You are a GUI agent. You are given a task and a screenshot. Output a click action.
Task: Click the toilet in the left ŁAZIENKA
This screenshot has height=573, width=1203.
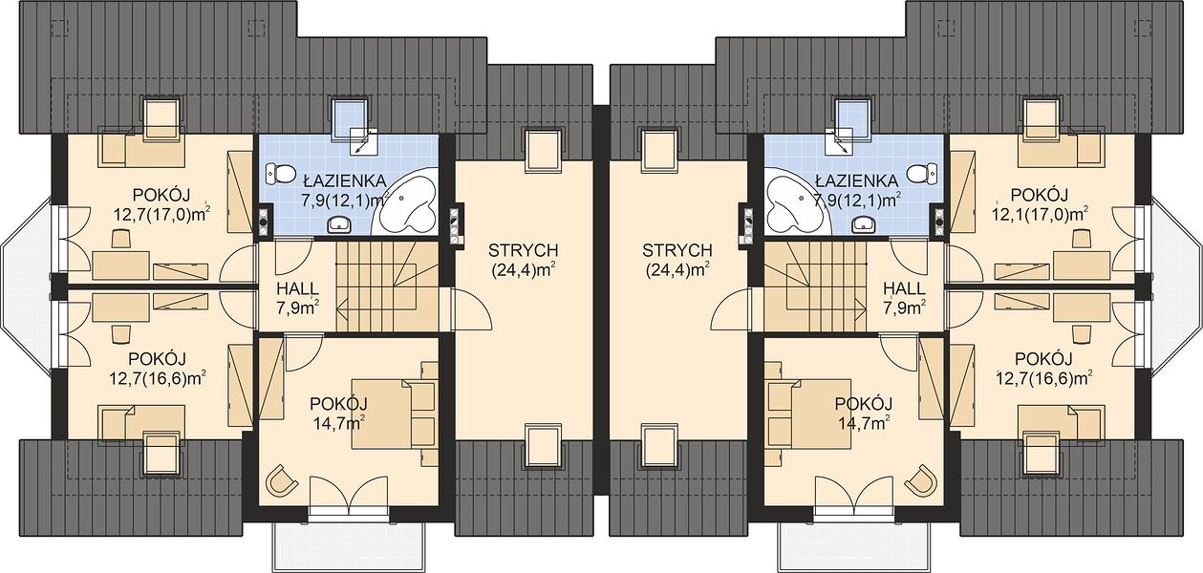point(281,173)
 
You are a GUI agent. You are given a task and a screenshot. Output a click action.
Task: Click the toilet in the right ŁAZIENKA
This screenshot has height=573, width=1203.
point(922,173)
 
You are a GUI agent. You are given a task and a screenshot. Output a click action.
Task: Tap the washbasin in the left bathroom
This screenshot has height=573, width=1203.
point(339,224)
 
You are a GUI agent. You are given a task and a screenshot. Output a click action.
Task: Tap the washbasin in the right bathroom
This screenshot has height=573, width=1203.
point(864,224)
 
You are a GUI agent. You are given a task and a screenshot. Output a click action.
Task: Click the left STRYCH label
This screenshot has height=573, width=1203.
point(523,250)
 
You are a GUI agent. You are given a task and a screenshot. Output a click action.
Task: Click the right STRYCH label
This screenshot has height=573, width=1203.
point(677,250)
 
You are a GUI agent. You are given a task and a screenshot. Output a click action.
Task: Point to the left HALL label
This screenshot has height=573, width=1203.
point(297,288)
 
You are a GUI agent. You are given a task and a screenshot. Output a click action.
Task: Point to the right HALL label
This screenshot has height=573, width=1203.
point(904,288)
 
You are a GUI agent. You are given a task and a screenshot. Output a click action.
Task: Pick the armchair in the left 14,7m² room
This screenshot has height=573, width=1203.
point(282,480)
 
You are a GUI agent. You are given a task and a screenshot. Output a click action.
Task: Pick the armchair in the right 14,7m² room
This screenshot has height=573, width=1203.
point(921,480)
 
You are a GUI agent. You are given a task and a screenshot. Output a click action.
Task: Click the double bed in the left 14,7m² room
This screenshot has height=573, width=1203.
point(394,414)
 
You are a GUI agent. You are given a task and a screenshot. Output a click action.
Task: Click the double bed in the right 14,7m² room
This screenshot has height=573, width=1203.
point(809,414)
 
